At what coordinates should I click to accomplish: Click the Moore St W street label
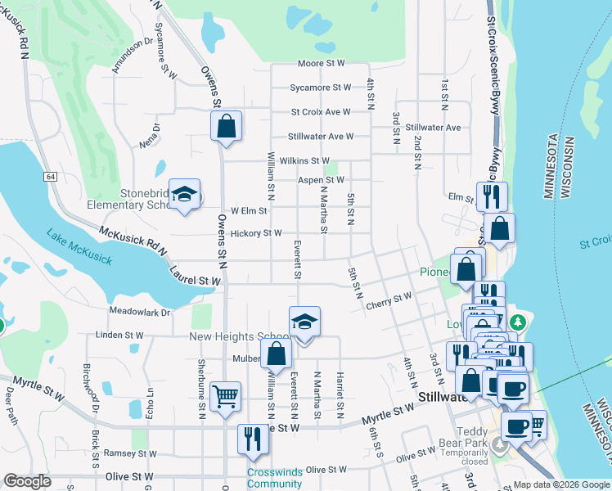322,63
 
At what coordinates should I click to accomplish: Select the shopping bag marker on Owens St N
226,127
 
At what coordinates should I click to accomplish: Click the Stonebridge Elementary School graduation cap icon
185,194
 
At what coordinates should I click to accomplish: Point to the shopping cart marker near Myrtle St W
226,397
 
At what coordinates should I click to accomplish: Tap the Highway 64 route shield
51,177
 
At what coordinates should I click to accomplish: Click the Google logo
27,481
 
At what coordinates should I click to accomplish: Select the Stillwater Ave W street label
321,137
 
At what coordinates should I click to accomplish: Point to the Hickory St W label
257,233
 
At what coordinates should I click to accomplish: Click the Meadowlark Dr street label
139,312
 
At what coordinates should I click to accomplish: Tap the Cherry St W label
389,300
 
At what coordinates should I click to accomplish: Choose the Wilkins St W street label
304,161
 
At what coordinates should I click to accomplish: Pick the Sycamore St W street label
321,88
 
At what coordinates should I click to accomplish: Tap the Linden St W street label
119,336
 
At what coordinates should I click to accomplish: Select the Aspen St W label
321,180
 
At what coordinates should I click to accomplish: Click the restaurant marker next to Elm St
492,197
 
